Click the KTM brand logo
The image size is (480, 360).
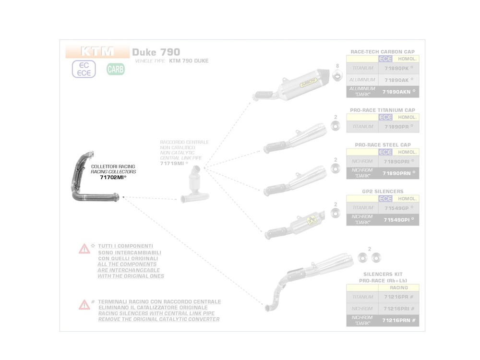97,51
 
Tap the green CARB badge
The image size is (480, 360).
115,69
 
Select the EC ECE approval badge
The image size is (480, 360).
84,69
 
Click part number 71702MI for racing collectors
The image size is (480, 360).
113,178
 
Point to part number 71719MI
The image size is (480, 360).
172,164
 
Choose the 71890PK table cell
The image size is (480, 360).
398,68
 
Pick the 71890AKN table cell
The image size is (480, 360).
398,91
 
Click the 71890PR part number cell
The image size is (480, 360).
398,127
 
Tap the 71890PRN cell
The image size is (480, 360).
398,173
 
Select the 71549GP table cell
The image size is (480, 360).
398,208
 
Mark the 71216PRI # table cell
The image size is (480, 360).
398,309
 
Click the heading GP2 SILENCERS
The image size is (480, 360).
383,192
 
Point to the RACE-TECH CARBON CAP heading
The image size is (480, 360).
383,52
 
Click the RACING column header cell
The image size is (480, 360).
398,288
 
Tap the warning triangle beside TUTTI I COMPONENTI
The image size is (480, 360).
84,249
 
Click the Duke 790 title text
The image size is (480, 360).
156,52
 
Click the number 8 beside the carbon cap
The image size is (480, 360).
337,66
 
